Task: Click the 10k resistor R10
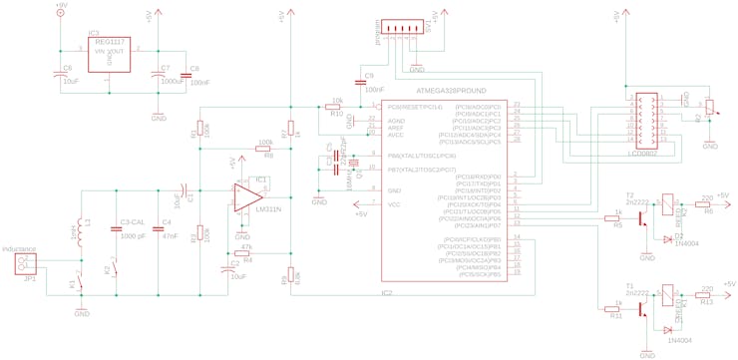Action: click(x=336, y=106)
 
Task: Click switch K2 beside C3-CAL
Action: click(x=115, y=268)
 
